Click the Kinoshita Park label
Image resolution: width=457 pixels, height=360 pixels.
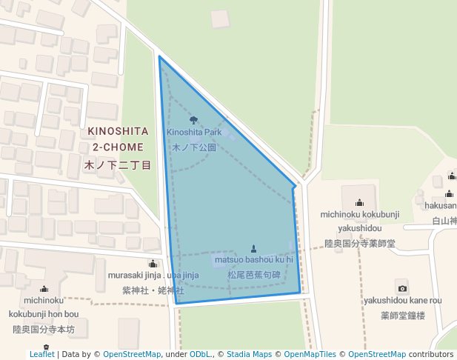point(194,133)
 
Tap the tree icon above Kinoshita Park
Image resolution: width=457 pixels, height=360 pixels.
point(194,120)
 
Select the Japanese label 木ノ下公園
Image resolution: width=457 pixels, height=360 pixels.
point(194,147)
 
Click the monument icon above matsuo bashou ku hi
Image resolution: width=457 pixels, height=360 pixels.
point(254,248)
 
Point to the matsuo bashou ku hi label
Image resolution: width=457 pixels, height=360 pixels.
point(254,260)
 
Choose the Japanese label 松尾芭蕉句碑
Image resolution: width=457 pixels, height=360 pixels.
point(254,275)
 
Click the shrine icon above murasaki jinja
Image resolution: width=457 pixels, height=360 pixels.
point(153,264)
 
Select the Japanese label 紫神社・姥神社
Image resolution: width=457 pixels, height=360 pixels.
point(153,290)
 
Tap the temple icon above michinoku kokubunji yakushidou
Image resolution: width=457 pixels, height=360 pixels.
point(360,202)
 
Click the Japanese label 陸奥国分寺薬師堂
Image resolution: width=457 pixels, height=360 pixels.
point(360,243)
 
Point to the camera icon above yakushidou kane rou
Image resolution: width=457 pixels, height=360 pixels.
point(402,288)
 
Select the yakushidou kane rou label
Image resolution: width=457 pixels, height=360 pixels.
point(402,301)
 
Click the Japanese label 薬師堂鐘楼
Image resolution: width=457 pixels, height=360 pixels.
point(402,316)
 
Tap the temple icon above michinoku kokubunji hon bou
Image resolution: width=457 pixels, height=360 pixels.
point(44,289)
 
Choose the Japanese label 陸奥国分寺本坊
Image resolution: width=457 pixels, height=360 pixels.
point(44,329)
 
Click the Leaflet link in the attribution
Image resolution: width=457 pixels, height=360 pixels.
point(41,354)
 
